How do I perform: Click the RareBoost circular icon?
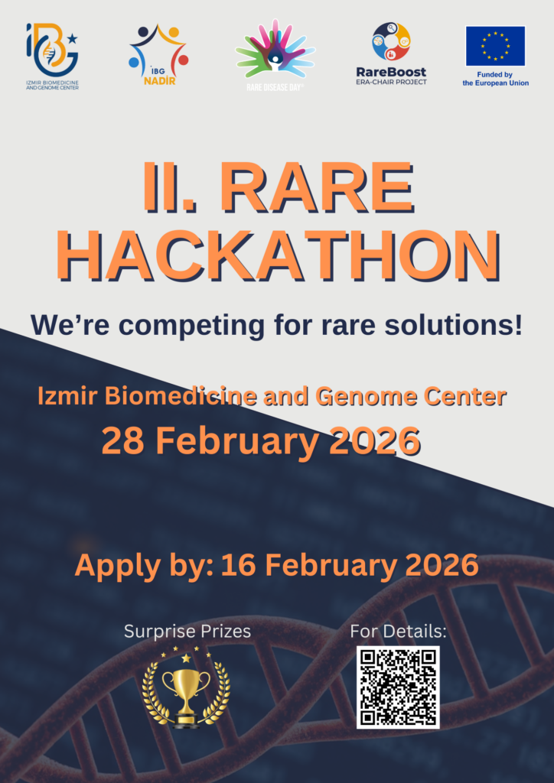[391, 41]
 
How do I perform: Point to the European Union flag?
[495, 46]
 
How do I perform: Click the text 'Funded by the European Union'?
[495, 79]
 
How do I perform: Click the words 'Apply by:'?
[145, 566]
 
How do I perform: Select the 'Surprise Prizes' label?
[187, 631]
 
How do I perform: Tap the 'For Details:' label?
[398, 631]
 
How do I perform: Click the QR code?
[398, 687]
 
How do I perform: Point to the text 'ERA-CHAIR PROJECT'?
[392, 82]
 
